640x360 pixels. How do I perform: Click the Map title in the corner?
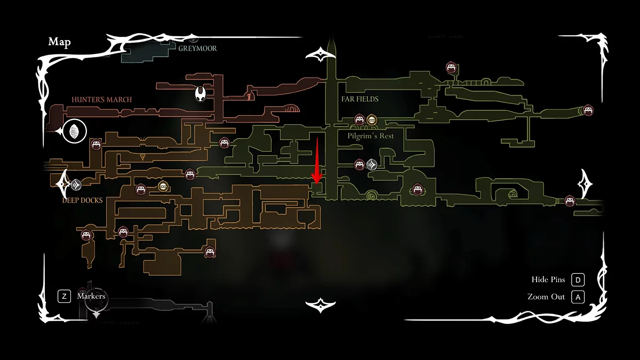pyautogui.click(x=59, y=42)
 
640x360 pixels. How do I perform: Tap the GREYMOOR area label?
pyautogui.click(x=197, y=49)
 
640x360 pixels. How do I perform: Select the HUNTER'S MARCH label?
pyautogui.click(x=101, y=100)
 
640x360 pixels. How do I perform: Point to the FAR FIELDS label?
pyautogui.click(x=359, y=99)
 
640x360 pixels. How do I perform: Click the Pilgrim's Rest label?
pyautogui.click(x=370, y=136)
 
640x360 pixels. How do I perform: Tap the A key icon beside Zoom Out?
pyautogui.click(x=578, y=297)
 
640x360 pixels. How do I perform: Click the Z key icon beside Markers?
pyautogui.click(x=64, y=296)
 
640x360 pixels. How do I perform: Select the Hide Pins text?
pyautogui.click(x=548, y=279)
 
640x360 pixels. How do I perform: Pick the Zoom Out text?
pyautogui.click(x=546, y=297)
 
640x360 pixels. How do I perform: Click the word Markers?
pyautogui.click(x=91, y=296)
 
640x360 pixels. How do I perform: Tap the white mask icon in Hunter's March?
pyautogui.click(x=200, y=95)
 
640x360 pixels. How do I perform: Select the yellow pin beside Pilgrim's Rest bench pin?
pyautogui.click(x=371, y=120)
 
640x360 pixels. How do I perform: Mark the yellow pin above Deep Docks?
pyautogui.click(x=163, y=186)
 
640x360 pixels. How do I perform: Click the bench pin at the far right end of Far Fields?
pyautogui.click(x=588, y=110)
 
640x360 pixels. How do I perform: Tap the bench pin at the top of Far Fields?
pyautogui.click(x=451, y=68)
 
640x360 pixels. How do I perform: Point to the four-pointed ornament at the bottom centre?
pyautogui.click(x=320, y=305)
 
